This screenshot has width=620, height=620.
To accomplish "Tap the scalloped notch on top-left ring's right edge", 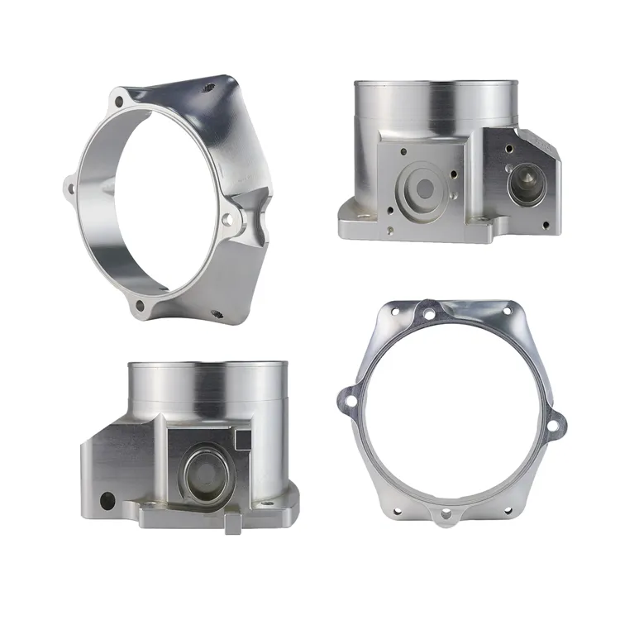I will (259, 217).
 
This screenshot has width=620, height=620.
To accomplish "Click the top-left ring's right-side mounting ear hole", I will (227, 219).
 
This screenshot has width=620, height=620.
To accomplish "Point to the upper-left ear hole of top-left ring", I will (117, 103).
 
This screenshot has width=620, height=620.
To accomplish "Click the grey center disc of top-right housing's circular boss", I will (423, 188).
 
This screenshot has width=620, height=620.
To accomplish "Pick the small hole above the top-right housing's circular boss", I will (403, 152).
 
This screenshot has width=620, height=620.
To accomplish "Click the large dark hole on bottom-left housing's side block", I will (106, 499).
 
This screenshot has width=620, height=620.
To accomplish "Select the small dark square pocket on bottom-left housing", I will (241, 436).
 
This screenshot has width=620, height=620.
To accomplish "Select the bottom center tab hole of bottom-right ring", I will (446, 514).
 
